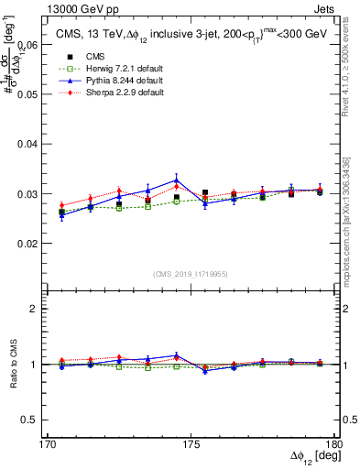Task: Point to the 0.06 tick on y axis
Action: point(27,44)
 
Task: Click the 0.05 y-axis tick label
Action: point(27,94)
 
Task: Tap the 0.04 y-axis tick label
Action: point(27,144)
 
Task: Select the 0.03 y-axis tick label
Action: point(27,194)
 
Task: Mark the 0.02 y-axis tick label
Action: point(27,244)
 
